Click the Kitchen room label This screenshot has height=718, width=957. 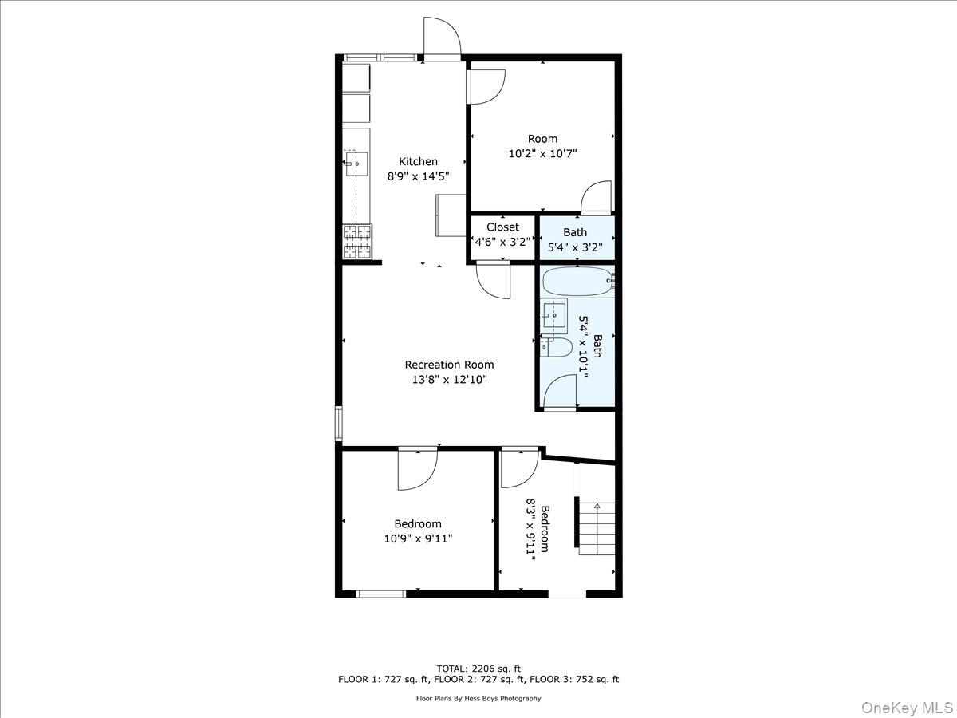pos(418,162)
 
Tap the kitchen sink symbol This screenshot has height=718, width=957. pos(356,164)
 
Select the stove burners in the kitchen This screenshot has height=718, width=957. pos(357,242)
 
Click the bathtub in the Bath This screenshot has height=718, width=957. pos(577,281)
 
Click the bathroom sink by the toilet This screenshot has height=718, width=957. pos(553,315)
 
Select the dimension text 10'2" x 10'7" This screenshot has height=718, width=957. pos(542,153)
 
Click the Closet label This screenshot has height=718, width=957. pos(502,227)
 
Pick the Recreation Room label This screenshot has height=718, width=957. pos(449,365)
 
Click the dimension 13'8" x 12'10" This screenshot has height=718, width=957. pos(449,380)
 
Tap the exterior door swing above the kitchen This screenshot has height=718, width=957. pos(442,37)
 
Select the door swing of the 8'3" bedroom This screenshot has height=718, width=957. pos(518,469)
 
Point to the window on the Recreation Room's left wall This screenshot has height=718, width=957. pos(339,424)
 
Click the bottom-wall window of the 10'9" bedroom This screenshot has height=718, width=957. pos(380,593)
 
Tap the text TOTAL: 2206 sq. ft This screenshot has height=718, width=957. pos(478,668)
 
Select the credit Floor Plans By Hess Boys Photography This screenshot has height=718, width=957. pos(478,698)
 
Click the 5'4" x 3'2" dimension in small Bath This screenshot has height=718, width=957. pos(575,247)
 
